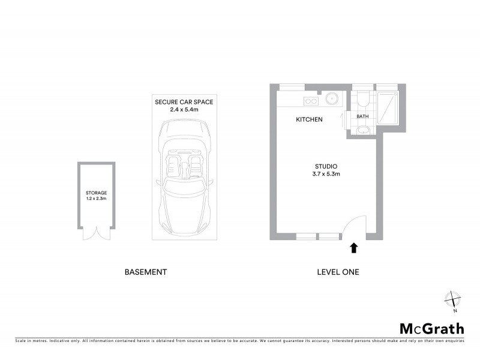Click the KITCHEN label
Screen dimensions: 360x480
click(x=310, y=119)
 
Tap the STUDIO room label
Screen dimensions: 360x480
click(x=326, y=166)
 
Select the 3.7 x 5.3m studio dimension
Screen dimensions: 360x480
click(x=326, y=175)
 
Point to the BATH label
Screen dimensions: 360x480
click(x=362, y=116)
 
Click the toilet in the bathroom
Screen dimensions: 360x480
click(x=362, y=100)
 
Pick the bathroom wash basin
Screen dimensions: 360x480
click(x=362, y=131)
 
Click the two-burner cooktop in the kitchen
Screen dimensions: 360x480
click(x=310, y=100)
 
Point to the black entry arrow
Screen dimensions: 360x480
click(x=354, y=246)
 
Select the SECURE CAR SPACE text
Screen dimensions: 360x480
click(x=184, y=102)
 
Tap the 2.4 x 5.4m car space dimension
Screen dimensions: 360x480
click(x=184, y=110)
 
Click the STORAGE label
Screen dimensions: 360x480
click(x=96, y=193)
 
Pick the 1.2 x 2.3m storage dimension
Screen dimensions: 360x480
click(x=96, y=199)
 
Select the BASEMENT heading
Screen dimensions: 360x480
click(x=145, y=272)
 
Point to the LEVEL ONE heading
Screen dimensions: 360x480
click(x=338, y=272)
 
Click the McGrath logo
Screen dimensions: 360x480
click(x=432, y=328)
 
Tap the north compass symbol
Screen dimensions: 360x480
click(x=452, y=300)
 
